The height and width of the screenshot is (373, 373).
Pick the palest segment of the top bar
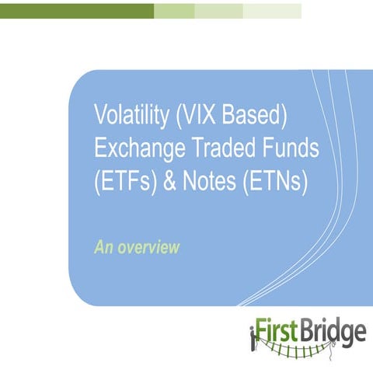coord(272,10)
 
